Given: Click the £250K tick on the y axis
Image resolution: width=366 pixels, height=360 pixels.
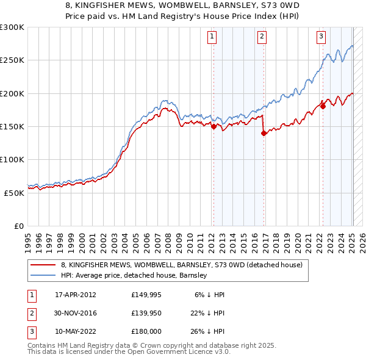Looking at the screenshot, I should [x=12, y=60].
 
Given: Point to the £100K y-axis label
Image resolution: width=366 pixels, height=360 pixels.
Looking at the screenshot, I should [x=12, y=159].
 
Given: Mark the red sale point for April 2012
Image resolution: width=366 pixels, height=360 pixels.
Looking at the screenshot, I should [x=213, y=127].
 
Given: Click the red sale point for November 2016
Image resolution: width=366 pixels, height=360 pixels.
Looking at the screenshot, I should [x=264, y=134].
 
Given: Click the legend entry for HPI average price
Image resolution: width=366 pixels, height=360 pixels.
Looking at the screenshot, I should [x=134, y=275].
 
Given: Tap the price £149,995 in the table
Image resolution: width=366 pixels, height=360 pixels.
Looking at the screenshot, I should [x=146, y=294].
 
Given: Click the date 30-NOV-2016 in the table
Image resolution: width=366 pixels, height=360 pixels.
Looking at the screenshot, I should [x=76, y=312].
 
